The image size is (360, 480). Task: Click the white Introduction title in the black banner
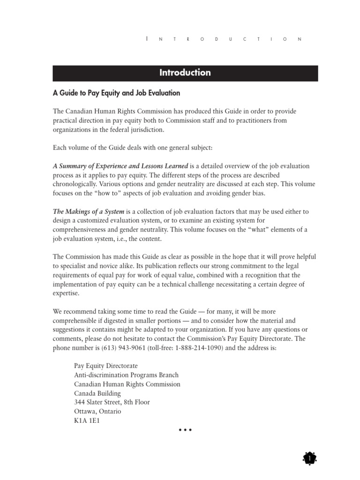coord(185,73)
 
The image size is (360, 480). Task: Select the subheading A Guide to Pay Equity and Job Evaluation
coord(116,93)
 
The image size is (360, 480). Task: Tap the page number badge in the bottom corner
coord(309,458)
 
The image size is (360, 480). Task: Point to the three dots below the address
coord(185,430)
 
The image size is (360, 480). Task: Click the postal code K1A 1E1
coord(87,420)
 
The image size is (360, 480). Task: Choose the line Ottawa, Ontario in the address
coord(97,411)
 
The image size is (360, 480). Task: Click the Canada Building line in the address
coord(97,393)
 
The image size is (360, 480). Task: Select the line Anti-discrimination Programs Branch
coord(126,375)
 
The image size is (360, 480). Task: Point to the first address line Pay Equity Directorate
coord(106,366)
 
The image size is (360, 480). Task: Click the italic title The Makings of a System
coord(89,211)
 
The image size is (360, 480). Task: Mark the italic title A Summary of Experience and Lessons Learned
coord(121,166)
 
